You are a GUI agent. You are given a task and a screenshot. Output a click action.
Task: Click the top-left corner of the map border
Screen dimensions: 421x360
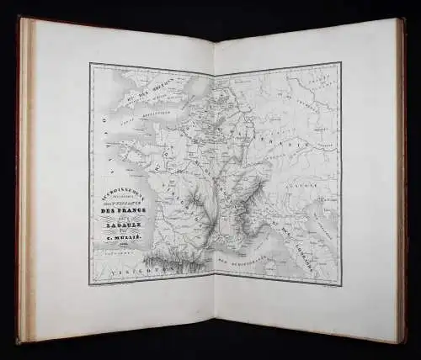pyautogui.click(x=90, y=64)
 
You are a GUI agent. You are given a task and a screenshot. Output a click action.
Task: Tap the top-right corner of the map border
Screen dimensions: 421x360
pyautogui.click(x=340, y=62)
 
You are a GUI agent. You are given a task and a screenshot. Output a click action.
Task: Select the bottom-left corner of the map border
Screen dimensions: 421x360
pyautogui.click(x=91, y=284)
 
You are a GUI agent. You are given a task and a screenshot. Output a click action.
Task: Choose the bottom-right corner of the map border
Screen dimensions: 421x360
pyautogui.click(x=340, y=286)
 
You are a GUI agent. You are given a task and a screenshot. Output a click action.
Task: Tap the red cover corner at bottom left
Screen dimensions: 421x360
pyautogui.click(x=18, y=340)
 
